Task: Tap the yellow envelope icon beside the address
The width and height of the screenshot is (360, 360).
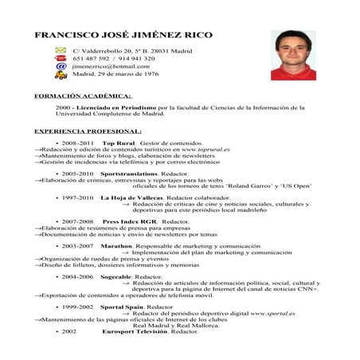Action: pos(60,51)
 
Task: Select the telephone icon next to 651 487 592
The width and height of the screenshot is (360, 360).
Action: pos(60,59)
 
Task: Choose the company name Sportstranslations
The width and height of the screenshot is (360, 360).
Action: pos(128,173)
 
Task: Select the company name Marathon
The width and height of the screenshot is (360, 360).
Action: pos(116,246)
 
